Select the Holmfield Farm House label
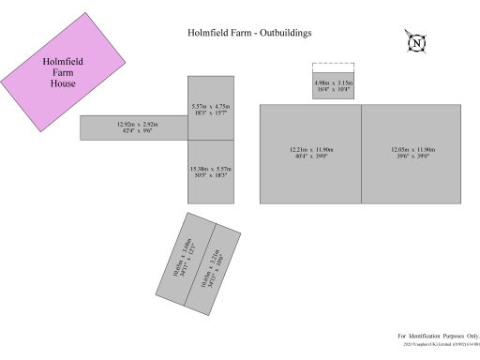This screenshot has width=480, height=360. (x=63, y=73)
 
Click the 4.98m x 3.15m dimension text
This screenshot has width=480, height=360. (x=333, y=83)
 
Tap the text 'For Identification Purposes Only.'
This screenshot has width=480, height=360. (x=438, y=336)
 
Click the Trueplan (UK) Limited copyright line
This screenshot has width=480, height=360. (x=441, y=345)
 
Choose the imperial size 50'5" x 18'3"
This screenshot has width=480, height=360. (x=210, y=174)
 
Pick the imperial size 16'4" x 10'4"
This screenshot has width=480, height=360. (x=333, y=89)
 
